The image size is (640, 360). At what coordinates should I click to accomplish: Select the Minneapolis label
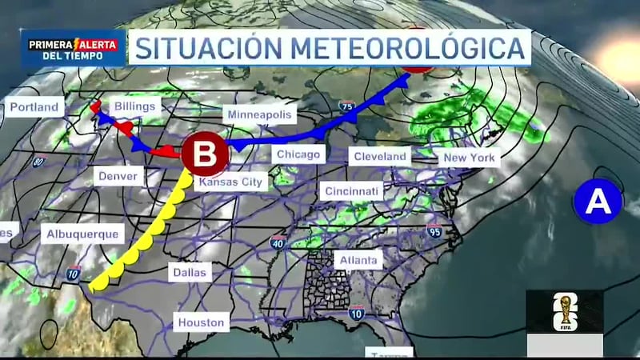(260, 114)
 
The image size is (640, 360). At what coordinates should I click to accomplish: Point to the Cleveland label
(380, 156)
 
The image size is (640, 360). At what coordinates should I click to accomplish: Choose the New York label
(470, 158)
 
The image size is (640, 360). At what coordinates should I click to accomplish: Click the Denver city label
(119, 176)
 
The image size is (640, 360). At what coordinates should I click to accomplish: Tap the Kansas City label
(230, 182)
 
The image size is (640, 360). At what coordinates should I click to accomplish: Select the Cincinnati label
(351, 191)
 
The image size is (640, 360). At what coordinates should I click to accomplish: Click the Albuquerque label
(82, 234)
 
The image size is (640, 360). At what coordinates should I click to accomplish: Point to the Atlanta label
(358, 260)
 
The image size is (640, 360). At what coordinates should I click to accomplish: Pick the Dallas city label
(190, 273)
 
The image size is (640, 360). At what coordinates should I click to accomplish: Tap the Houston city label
(202, 322)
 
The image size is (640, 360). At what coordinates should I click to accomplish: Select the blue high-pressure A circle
(598, 201)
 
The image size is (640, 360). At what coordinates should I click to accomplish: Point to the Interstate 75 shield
(346, 106)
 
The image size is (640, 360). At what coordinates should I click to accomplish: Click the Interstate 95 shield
(434, 233)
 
